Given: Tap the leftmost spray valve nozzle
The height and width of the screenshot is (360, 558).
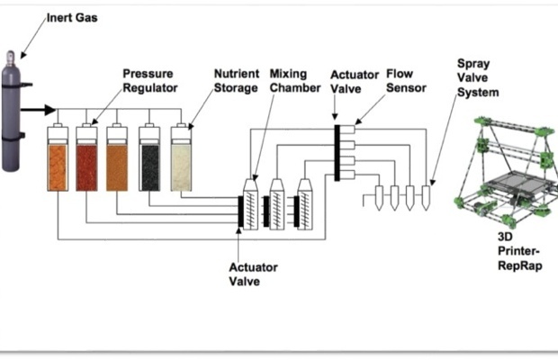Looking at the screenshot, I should [380, 197].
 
